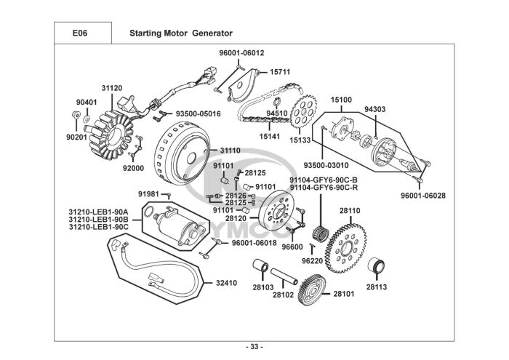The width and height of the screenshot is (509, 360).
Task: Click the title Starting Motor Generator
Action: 180,33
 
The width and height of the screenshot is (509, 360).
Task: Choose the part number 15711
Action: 280,73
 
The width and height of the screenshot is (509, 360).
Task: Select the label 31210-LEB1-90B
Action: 98,219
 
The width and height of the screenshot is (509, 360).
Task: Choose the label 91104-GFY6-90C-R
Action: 323,188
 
